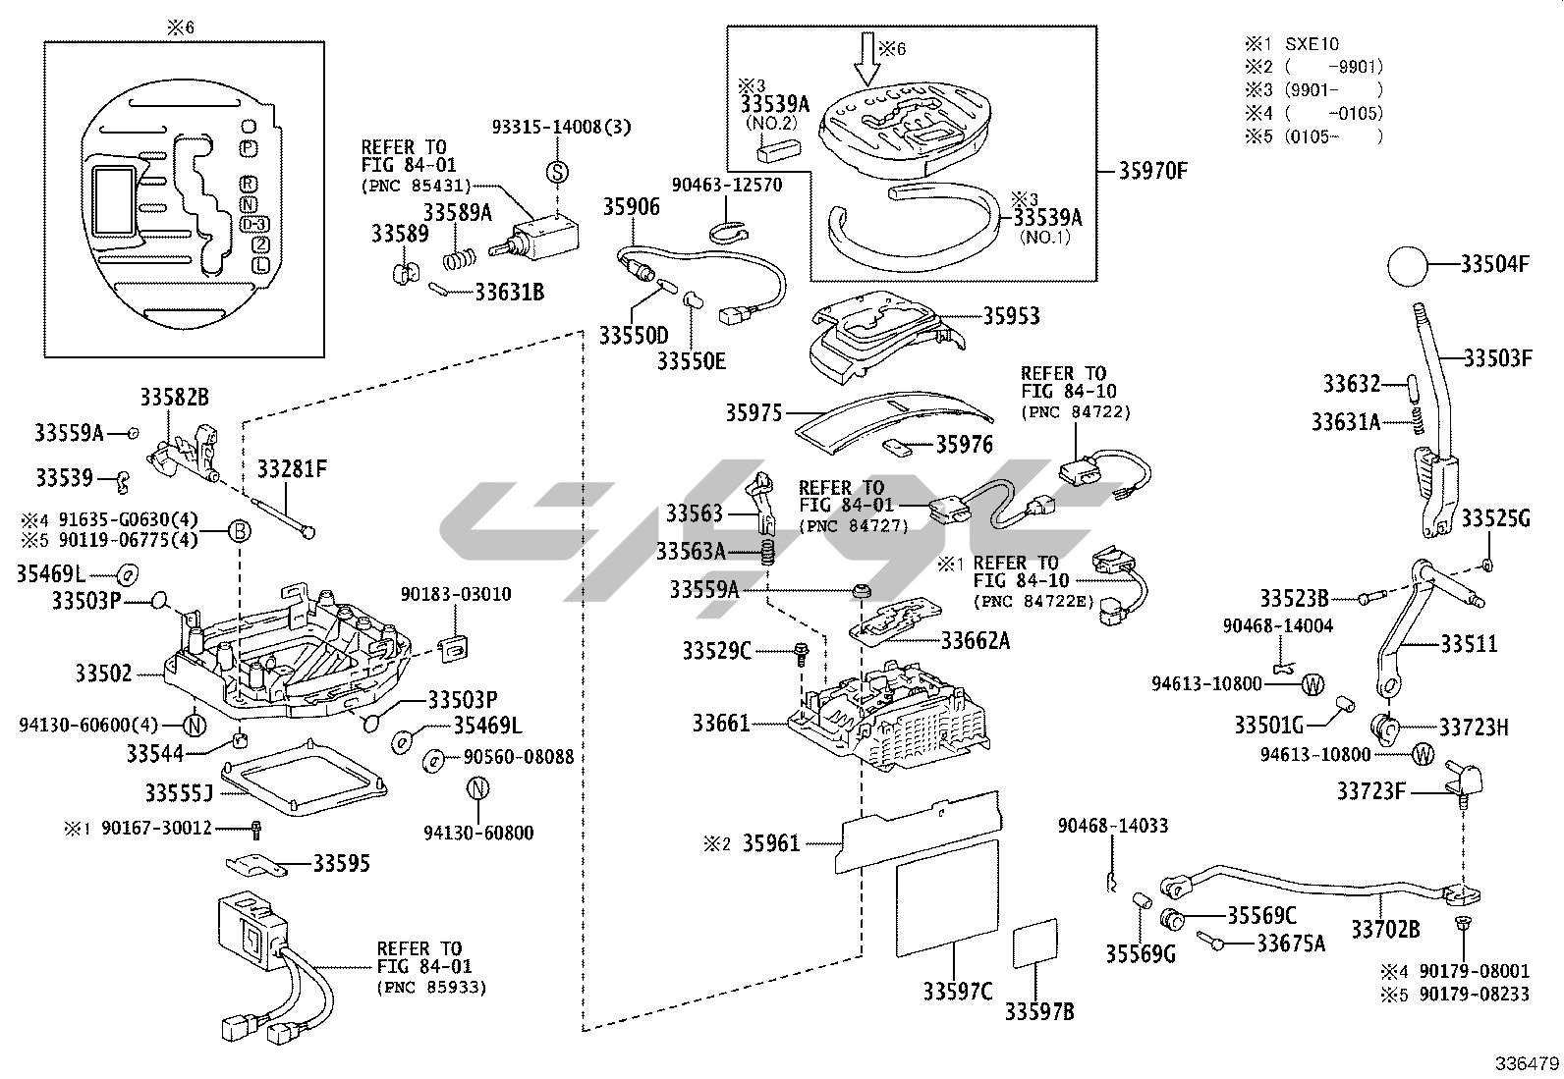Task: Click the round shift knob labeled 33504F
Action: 1408,266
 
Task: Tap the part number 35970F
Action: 1152,171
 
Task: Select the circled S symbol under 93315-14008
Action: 557,172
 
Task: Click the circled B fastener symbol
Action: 240,532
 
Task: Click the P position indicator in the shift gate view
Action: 249,148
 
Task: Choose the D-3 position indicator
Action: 253,224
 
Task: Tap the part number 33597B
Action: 1039,1011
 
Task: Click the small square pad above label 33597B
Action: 1035,943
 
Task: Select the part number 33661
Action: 720,723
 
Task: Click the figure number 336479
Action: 1527,1063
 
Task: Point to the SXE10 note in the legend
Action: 1312,44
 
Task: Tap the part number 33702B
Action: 1385,929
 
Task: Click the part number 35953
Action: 1012,316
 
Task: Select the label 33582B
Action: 175,397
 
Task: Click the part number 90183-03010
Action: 456,594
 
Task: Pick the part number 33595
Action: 342,863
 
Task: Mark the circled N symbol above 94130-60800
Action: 477,788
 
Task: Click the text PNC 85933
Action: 431,988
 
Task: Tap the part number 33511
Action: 1470,643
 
